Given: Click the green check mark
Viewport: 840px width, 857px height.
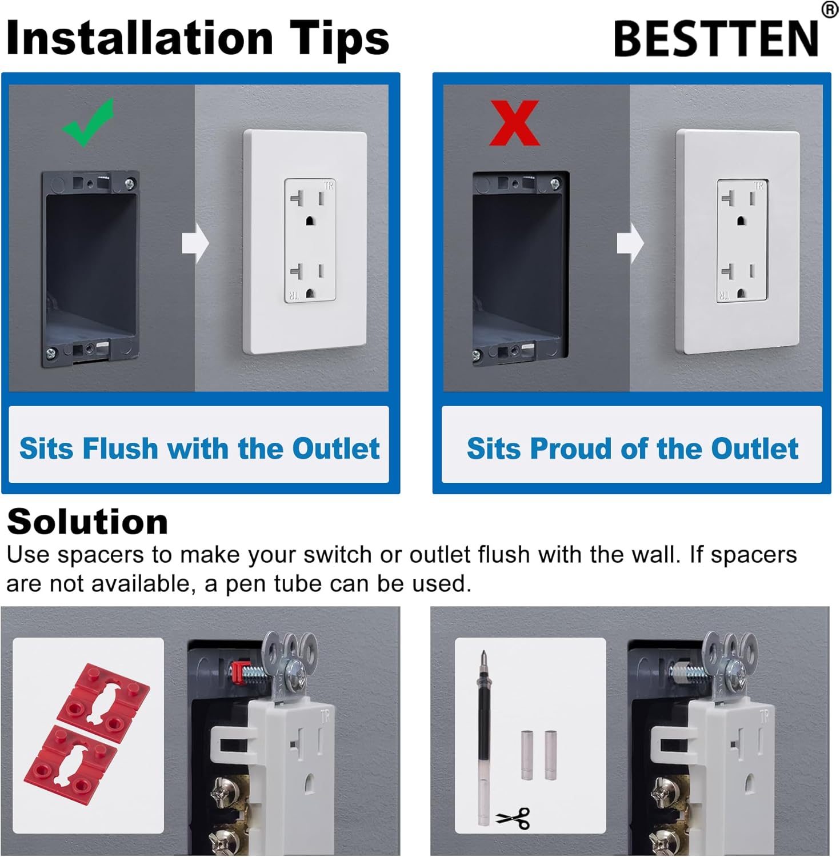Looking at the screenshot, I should (x=87, y=123).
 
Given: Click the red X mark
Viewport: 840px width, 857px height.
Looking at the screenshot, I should (x=514, y=123).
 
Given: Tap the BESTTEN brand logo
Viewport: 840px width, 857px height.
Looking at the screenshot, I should (x=716, y=39).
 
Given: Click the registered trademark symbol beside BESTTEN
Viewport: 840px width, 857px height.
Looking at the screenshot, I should (x=830, y=10).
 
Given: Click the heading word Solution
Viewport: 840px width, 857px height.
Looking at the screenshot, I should (x=87, y=522).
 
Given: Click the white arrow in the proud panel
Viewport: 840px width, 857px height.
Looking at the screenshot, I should (x=630, y=243).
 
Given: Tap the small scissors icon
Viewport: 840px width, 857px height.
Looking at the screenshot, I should (x=514, y=818).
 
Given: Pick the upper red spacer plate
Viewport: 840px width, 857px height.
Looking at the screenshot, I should (x=103, y=695).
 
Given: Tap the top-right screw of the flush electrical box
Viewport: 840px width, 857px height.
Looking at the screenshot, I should (x=130, y=184).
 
